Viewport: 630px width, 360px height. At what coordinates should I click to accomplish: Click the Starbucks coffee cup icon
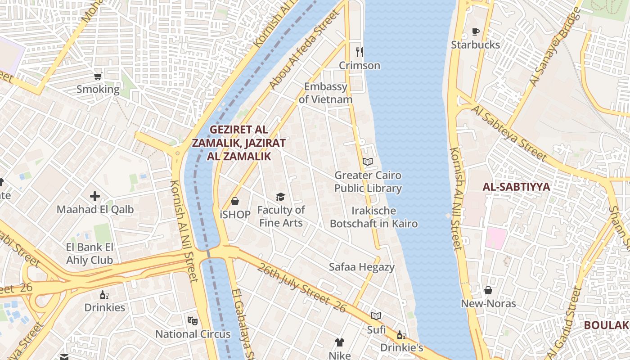(476, 31)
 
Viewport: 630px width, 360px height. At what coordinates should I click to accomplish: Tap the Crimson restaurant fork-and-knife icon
(359, 52)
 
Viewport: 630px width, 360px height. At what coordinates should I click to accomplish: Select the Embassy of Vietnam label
(326, 93)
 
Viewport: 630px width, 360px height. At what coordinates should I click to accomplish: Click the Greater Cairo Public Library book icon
(368, 162)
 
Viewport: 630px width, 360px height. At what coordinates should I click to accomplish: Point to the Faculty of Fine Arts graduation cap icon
(281, 197)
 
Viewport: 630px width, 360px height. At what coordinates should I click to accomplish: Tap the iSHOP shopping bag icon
(234, 201)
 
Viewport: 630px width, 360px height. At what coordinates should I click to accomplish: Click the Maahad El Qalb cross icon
(95, 196)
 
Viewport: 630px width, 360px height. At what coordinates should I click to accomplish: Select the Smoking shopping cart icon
(98, 76)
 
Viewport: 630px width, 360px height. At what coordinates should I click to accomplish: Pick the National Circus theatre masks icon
(193, 321)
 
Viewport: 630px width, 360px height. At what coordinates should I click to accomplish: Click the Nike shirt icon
(339, 343)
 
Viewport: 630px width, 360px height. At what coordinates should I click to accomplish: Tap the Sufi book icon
(376, 316)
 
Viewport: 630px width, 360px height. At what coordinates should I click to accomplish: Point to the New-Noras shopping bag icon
(488, 291)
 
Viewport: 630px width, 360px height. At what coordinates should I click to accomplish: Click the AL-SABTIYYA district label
(516, 187)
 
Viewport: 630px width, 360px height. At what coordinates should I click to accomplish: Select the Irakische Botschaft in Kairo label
(373, 217)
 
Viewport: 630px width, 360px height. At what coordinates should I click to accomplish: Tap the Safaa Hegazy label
(361, 267)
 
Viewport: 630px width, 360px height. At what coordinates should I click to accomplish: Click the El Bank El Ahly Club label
(90, 253)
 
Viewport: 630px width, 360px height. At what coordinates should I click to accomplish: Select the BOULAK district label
(606, 325)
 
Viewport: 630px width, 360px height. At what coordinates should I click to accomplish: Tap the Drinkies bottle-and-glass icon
(104, 295)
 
